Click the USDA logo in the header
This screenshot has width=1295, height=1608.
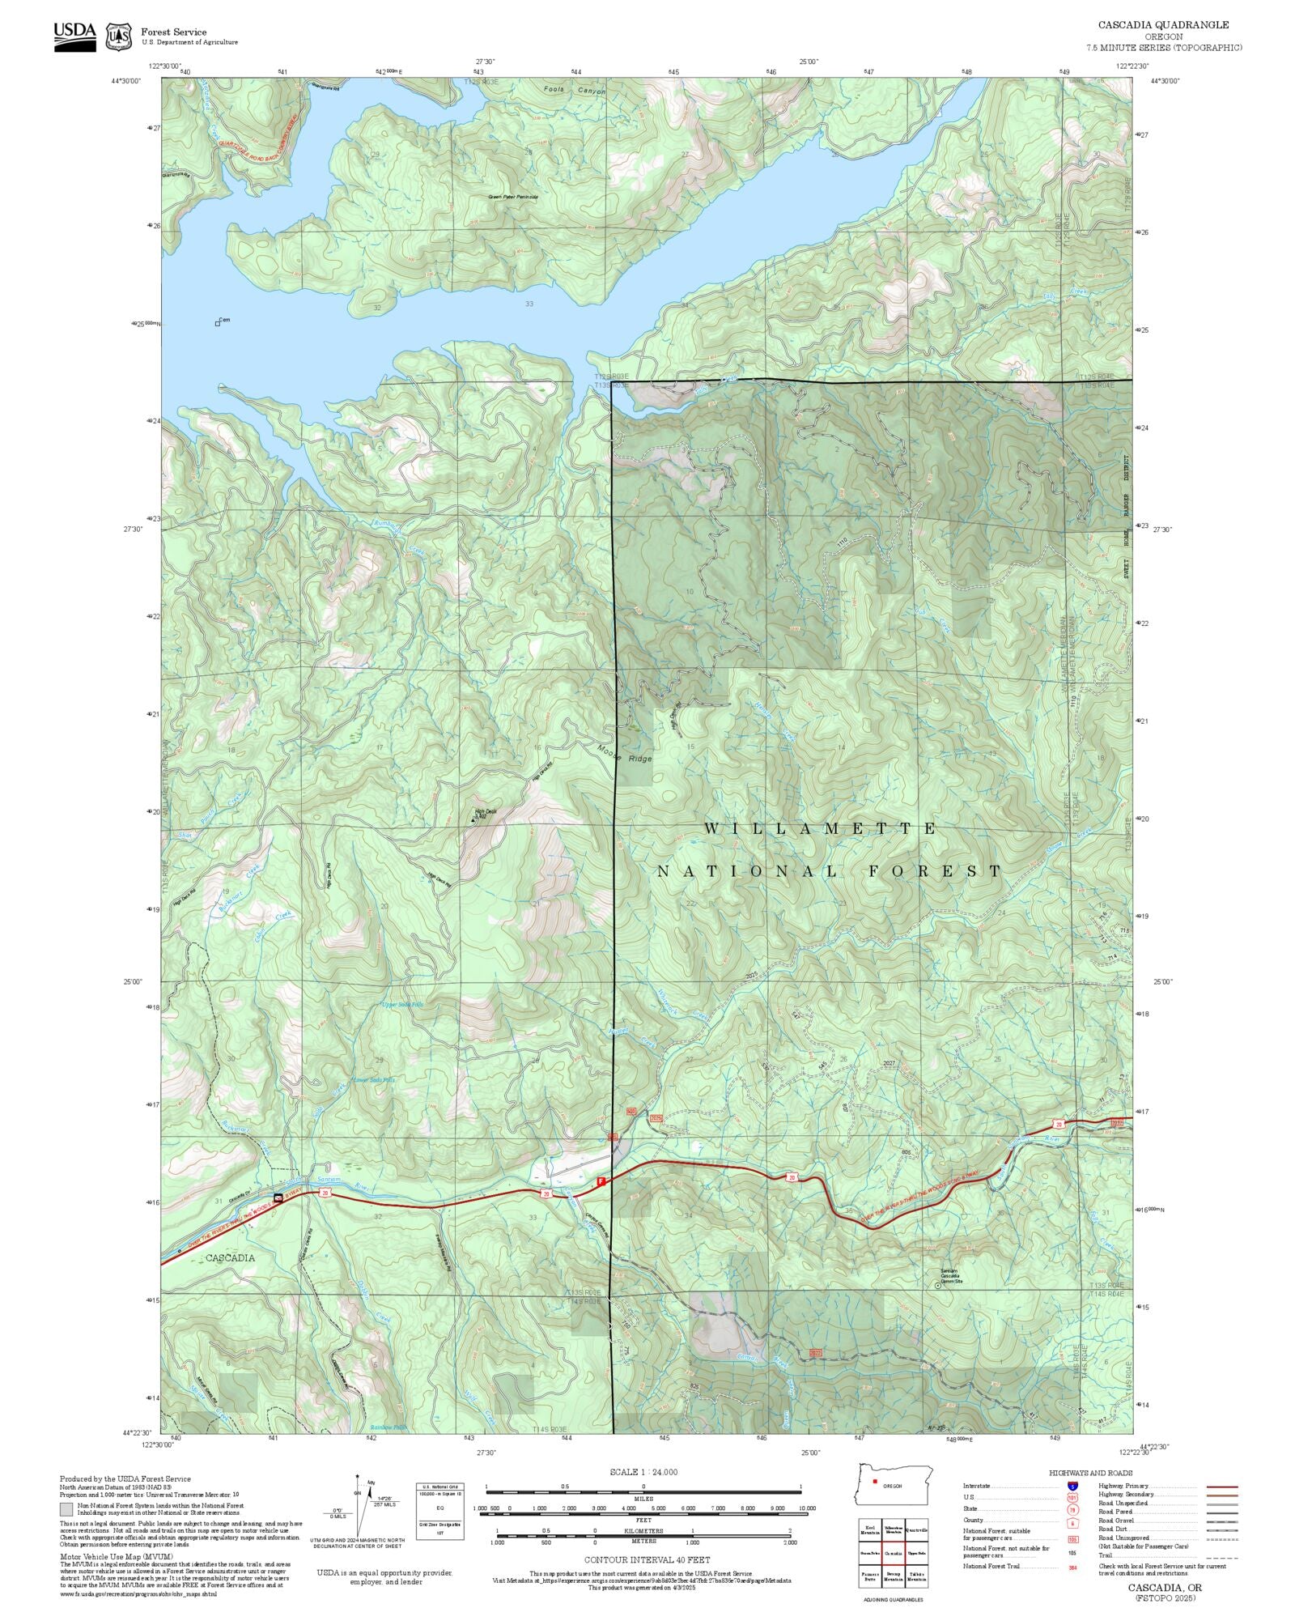[x=74, y=36]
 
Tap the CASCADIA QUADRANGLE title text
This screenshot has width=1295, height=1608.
[x=1162, y=25]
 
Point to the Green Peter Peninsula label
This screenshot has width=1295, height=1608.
[x=512, y=197]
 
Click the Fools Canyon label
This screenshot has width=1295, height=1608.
[x=574, y=91]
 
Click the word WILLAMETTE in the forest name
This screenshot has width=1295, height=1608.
[x=820, y=828]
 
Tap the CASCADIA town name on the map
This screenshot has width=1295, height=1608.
[x=230, y=1257]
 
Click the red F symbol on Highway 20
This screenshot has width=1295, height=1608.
[x=601, y=1181]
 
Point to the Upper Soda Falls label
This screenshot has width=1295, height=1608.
[x=413, y=1004]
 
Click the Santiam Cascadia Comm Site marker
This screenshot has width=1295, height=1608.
[x=938, y=1285]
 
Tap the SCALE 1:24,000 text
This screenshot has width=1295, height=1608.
[x=643, y=1472]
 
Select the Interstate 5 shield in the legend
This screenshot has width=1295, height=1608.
[x=1072, y=1487]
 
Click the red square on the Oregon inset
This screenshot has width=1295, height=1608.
[x=875, y=1482]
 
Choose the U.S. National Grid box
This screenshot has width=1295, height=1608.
[x=440, y=1511]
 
